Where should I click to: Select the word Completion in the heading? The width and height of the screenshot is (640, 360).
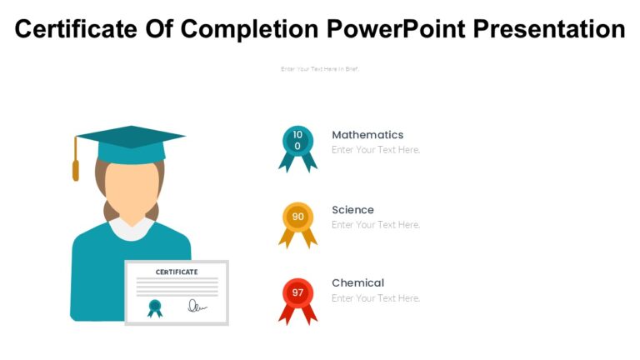[x=249, y=29]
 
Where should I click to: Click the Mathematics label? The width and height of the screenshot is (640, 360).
[x=367, y=135]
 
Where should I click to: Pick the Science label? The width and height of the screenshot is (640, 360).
[x=352, y=210]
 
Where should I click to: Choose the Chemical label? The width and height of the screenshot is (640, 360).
[x=357, y=282]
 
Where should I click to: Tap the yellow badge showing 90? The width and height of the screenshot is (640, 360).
[x=297, y=217]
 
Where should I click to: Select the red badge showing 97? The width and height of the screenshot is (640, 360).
[x=297, y=292]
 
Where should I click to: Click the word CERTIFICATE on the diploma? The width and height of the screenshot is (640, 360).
[x=177, y=272]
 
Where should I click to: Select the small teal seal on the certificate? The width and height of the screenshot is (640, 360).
[x=155, y=307]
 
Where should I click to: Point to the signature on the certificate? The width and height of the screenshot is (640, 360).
[x=197, y=306]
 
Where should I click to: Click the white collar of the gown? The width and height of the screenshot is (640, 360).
[x=131, y=227]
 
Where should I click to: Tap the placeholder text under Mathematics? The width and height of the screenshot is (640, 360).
[x=376, y=150]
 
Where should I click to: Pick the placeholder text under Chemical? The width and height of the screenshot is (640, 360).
[x=376, y=298]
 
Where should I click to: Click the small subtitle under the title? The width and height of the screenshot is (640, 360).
[x=319, y=69]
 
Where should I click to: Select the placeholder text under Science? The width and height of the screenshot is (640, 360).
[x=376, y=225]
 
